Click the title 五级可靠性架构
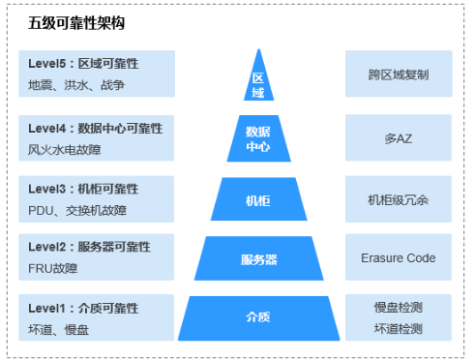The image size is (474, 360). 76,22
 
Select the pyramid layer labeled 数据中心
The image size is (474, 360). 258,138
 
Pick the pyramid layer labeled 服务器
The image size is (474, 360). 258,258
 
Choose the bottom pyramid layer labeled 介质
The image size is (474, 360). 258,317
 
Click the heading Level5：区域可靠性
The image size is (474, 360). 83,64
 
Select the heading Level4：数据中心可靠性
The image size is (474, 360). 95,127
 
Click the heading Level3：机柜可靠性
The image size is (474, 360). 83,188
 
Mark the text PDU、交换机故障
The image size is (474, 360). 77,209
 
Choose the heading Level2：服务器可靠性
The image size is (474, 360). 89,248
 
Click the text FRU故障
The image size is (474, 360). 53,269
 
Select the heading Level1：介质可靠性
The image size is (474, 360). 83,309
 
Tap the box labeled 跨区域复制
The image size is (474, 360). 398,74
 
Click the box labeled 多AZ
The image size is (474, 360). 398,138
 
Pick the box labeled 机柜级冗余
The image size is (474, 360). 398,199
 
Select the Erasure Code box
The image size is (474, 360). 398,258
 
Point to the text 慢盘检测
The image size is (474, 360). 399,308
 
